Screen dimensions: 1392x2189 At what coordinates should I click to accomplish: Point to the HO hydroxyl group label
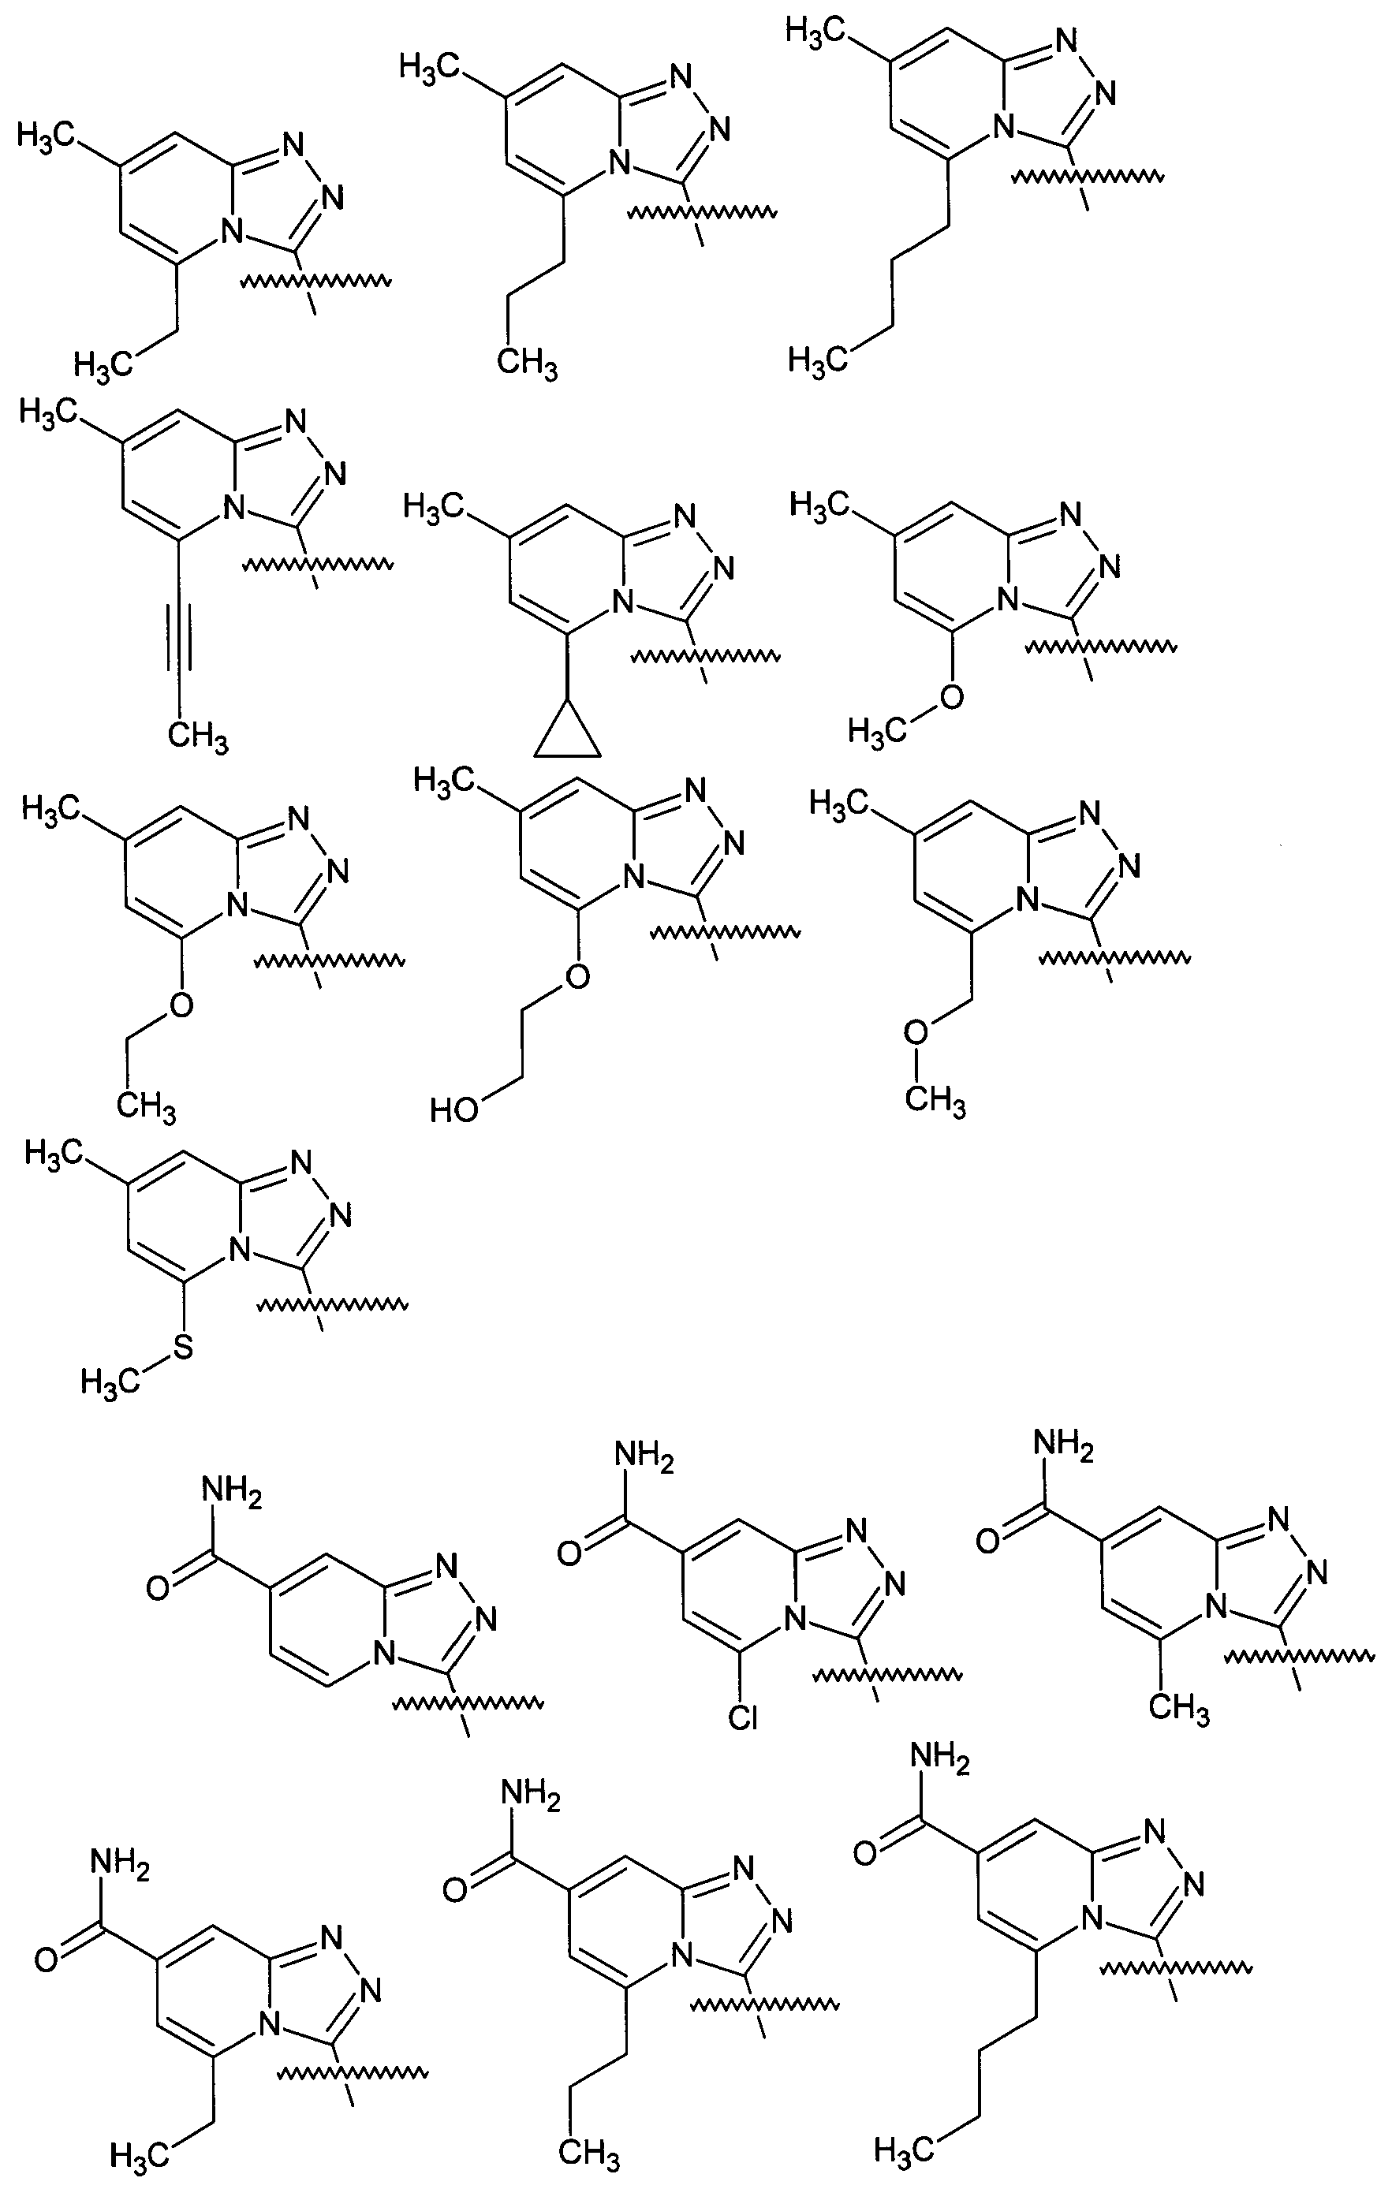454,1110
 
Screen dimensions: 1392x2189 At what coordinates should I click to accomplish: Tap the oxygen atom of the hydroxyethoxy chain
577,977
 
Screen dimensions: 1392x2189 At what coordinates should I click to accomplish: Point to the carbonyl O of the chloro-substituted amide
569,1553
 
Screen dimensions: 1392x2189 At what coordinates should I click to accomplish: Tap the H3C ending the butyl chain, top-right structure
817,359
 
